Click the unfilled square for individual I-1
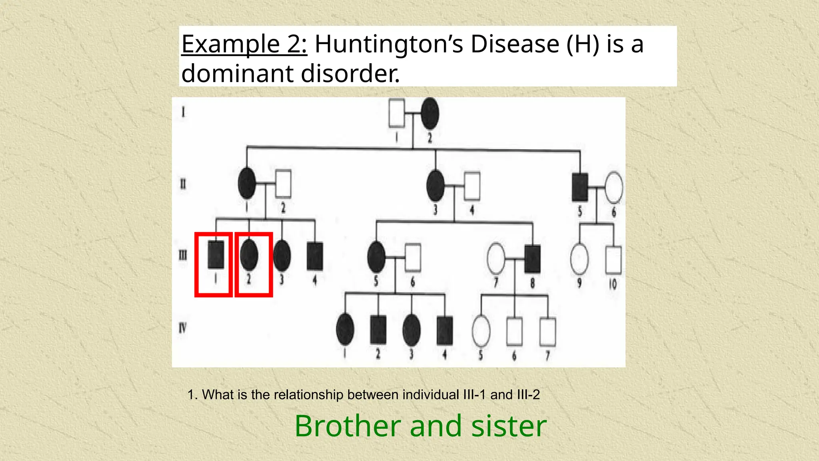pos(397,113)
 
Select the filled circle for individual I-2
pos(430,114)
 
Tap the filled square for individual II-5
pos(580,187)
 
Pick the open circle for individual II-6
pos(613,187)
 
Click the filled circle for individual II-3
pos(435,186)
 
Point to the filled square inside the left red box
pos(216,255)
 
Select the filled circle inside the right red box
pos(249,255)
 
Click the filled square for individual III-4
pos(315,256)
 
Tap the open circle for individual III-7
pos(496,259)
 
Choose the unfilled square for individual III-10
pos(613,260)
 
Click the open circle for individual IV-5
pos(481,331)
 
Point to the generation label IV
pos(182,329)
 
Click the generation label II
pos(183,184)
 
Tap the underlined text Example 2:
pos(244,44)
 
